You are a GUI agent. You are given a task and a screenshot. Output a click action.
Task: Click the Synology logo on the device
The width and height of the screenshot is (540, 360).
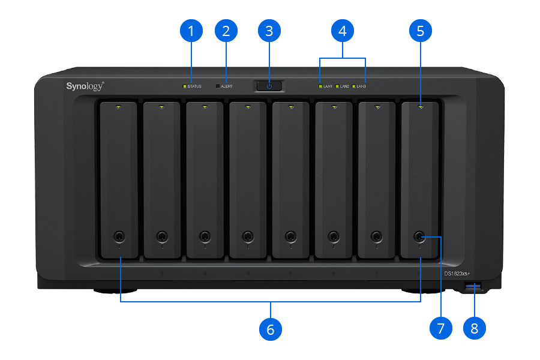[x=85, y=86]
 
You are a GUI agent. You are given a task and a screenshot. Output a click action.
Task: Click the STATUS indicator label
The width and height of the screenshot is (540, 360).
[x=194, y=86]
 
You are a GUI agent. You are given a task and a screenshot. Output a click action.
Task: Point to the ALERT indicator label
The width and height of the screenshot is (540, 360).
[x=227, y=86]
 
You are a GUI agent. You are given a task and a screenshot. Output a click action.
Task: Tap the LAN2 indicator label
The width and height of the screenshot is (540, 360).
[x=344, y=86]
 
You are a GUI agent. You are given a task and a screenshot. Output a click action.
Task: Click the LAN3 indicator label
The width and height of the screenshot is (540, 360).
[x=361, y=86]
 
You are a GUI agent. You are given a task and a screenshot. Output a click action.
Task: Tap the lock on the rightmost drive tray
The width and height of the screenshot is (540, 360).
[x=419, y=236]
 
